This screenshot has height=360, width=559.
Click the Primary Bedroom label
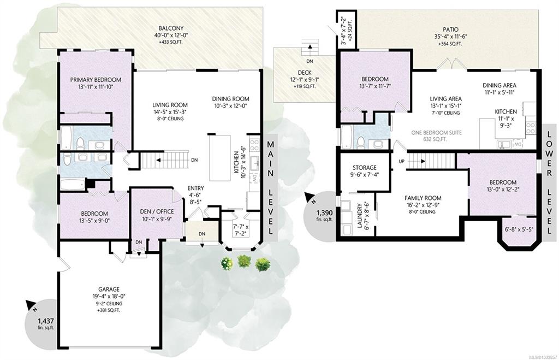pyautogui.click(x=95, y=80)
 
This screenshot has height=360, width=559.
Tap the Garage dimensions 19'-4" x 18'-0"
pyautogui.click(x=109, y=296)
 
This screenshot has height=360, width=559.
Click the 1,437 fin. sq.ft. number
pyautogui.click(x=46, y=321)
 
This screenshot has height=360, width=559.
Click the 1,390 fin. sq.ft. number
pyautogui.click(x=324, y=213)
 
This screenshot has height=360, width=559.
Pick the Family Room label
pyautogui.click(x=423, y=198)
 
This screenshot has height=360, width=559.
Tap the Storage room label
pyautogui.click(x=364, y=167)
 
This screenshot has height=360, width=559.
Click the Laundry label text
pyautogui.click(x=360, y=216)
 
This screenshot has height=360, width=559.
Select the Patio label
pyautogui.click(x=451, y=29)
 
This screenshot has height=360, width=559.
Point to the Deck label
pyautogui.click(x=305, y=73)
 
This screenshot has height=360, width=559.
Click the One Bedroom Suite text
pyautogui.click(x=436, y=133)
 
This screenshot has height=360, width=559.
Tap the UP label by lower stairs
pyautogui.click(x=402, y=161)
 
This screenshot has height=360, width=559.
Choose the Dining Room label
pyautogui.click(x=231, y=99)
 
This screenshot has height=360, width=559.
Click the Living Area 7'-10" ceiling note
pyautogui.click(x=445, y=113)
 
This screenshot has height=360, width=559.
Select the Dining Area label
pyautogui.click(x=499, y=86)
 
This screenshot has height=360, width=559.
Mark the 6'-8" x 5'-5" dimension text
pyautogui.click(x=519, y=229)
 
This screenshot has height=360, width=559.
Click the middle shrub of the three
pyautogui.click(x=244, y=262)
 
